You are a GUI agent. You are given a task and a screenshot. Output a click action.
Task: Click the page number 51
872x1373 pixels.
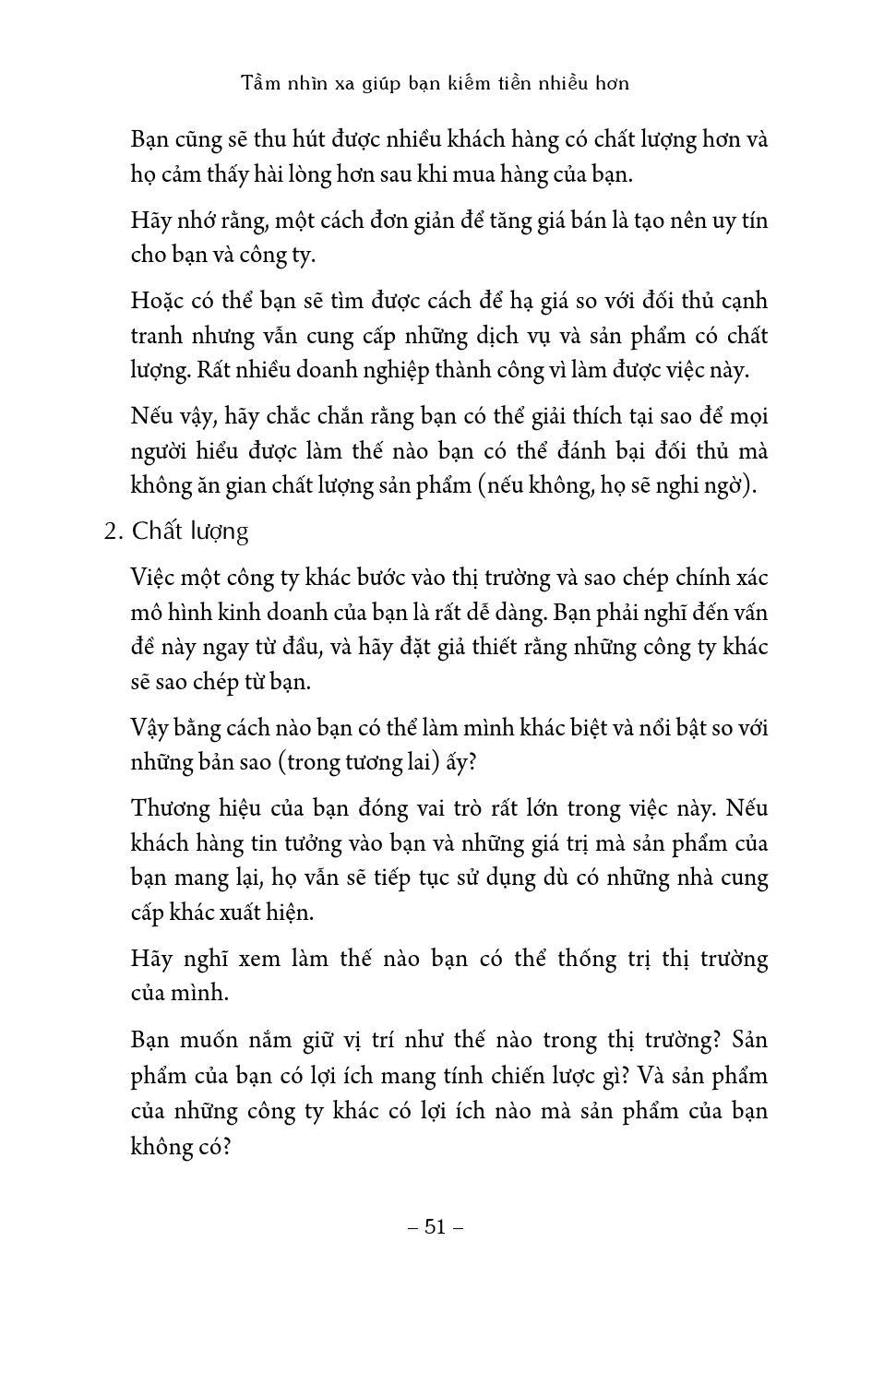tap(435, 1226)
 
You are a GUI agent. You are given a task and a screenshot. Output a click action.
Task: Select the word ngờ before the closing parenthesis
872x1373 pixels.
tap(723, 486)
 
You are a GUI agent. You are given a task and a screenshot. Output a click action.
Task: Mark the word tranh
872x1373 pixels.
tap(158, 336)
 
